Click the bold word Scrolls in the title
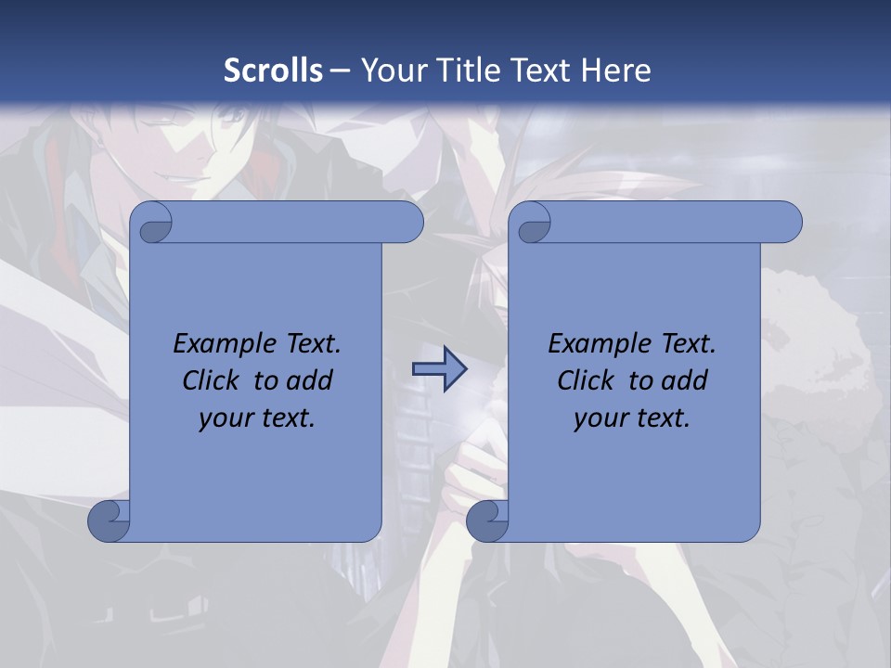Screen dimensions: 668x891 pos(274,70)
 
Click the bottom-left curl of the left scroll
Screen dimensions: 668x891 pos(109,520)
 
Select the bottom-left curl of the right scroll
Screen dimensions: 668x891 pos(486,520)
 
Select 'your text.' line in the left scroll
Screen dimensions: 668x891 pos(257,418)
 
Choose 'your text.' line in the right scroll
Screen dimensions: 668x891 pos(632,418)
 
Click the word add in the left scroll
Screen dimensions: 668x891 pos(309,380)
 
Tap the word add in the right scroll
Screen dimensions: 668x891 pos(684,380)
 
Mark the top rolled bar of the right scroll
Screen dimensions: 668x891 pos(668,222)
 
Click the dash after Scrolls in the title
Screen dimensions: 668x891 pos(340,71)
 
